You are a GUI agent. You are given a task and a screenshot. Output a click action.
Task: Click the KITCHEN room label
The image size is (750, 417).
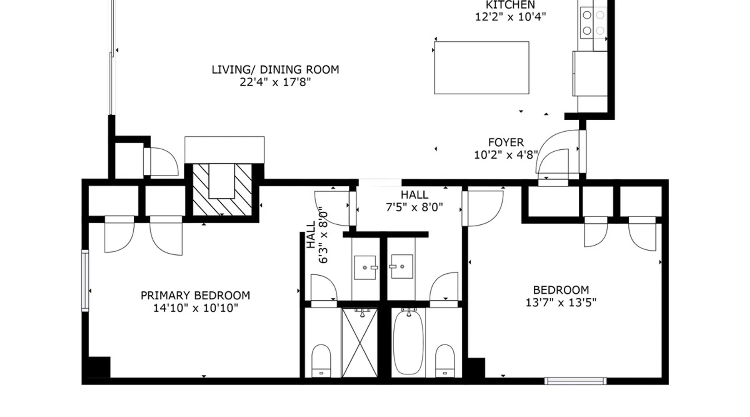(x=510, y=5)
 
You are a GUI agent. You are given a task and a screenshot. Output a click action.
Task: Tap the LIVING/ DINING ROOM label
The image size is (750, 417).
(x=275, y=70)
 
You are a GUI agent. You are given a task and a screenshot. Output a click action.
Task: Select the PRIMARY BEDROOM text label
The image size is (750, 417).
(x=195, y=296)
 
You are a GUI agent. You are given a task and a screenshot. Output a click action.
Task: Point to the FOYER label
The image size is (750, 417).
(x=506, y=143)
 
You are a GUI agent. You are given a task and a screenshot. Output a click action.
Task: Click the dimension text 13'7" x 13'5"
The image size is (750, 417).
(x=561, y=302)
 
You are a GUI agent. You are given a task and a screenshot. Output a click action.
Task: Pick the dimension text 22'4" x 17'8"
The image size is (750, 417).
(x=275, y=82)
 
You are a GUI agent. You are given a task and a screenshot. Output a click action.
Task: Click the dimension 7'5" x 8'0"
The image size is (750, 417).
(x=414, y=207)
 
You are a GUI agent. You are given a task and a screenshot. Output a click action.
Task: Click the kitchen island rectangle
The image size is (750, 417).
(x=482, y=68)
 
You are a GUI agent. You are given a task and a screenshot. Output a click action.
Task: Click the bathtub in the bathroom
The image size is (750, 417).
(x=408, y=342)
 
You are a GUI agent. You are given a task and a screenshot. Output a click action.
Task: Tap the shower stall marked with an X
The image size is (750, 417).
(x=360, y=343)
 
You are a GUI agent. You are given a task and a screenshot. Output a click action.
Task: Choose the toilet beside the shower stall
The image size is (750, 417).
(x=321, y=361)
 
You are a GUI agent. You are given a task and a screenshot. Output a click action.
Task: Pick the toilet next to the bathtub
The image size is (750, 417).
(x=445, y=361)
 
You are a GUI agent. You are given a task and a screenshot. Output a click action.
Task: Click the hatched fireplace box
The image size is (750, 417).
(x=222, y=190)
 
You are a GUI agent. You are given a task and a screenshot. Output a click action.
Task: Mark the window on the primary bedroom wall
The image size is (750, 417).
(x=85, y=280)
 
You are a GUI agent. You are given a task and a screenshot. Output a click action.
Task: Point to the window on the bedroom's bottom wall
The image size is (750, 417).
(x=575, y=381)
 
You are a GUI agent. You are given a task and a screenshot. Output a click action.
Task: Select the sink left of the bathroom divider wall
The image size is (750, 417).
(x=365, y=267)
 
